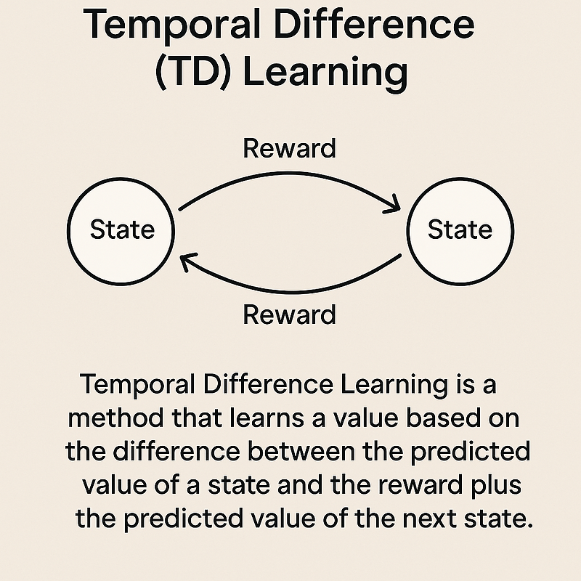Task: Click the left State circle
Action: pos(122,230)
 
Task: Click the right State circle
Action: pos(460,230)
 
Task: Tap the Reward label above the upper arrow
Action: pos(290,147)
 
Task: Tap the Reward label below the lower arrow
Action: pos(290,314)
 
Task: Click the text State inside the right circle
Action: pos(460,230)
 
